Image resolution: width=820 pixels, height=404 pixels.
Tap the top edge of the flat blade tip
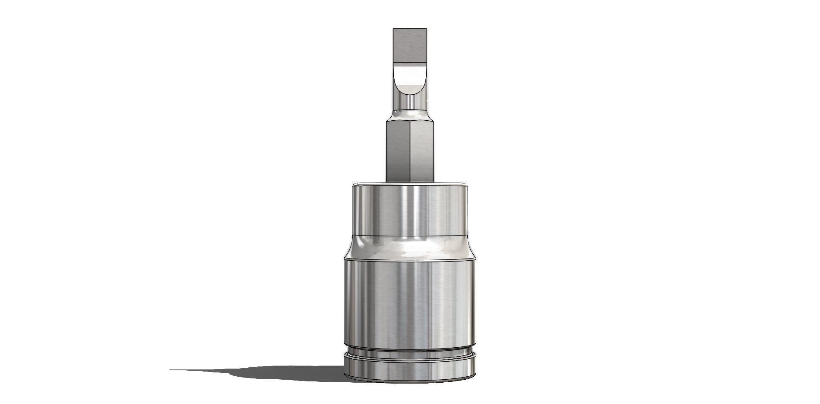click(410, 29)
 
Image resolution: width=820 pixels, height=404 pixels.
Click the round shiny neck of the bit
click(409, 102)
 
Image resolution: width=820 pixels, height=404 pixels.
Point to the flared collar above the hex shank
click(409, 116)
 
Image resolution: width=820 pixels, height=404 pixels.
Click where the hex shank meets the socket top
click(409, 182)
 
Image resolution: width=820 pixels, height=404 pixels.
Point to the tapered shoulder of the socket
click(409, 247)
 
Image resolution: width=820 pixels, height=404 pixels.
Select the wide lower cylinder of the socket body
click(409, 303)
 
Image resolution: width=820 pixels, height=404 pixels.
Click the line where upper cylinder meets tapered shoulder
click(409, 236)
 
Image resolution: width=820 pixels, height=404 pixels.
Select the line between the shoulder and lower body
click(409, 259)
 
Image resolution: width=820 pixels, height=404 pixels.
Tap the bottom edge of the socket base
click(409, 381)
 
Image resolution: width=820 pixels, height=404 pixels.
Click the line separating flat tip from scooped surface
click(410, 65)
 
